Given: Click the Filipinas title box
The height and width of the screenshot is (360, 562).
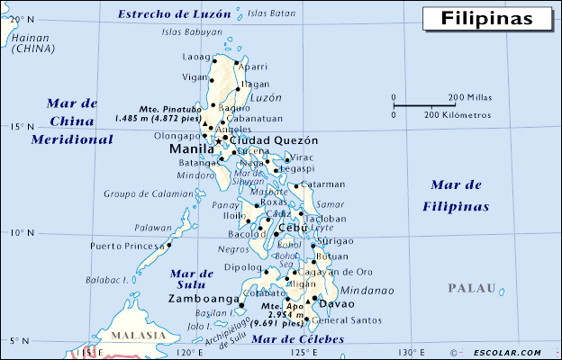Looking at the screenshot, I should click(486, 18).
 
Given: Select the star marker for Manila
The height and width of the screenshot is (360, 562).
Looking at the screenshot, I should click(218, 142).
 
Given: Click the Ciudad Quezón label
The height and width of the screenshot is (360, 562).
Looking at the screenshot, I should click(275, 141).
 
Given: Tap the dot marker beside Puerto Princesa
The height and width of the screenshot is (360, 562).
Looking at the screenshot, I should click(168, 244).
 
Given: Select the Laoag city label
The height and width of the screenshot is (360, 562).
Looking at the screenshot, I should click(195, 57).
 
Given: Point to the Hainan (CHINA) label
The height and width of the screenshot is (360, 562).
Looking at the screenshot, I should click(32, 42).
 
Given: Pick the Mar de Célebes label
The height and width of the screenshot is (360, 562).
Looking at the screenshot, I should click(297, 339).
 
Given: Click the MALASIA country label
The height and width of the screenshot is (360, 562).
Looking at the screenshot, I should click(133, 335).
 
